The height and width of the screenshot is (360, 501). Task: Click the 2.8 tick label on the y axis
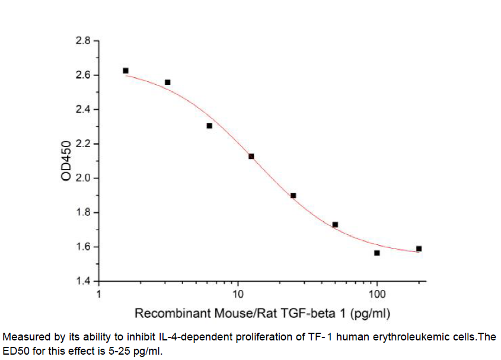[83, 41]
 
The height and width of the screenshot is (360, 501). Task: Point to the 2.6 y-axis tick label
[83, 75]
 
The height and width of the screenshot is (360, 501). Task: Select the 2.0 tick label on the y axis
[83, 179]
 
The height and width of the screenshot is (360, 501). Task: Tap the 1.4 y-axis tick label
[83, 281]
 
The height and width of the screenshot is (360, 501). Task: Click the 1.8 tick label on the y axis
[83, 213]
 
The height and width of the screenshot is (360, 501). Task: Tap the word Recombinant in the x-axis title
[167, 313]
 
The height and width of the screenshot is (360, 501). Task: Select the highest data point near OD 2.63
[126, 71]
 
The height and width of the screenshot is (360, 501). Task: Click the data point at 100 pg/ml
[377, 253]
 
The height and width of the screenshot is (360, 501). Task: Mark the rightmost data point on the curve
[419, 249]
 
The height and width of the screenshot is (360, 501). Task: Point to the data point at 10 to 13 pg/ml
[251, 157]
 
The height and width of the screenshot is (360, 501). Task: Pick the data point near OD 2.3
[209, 126]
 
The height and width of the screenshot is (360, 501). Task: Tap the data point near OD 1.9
[293, 195]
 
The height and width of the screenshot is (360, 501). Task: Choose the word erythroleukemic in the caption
[404, 337]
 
